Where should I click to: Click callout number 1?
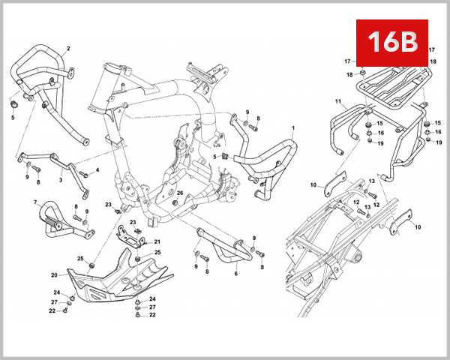click(x=293, y=128)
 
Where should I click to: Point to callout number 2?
click(x=68, y=48)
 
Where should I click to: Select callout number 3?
click(x=60, y=181)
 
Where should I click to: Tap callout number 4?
click(x=97, y=171)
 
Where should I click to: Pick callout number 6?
click(x=235, y=274)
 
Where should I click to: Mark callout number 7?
click(x=35, y=202)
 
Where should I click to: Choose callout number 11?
click(x=338, y=101)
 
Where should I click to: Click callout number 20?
click(x=54, y=274)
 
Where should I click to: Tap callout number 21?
click(x=157, y=242)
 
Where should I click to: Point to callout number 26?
click(x=180, y=192)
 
